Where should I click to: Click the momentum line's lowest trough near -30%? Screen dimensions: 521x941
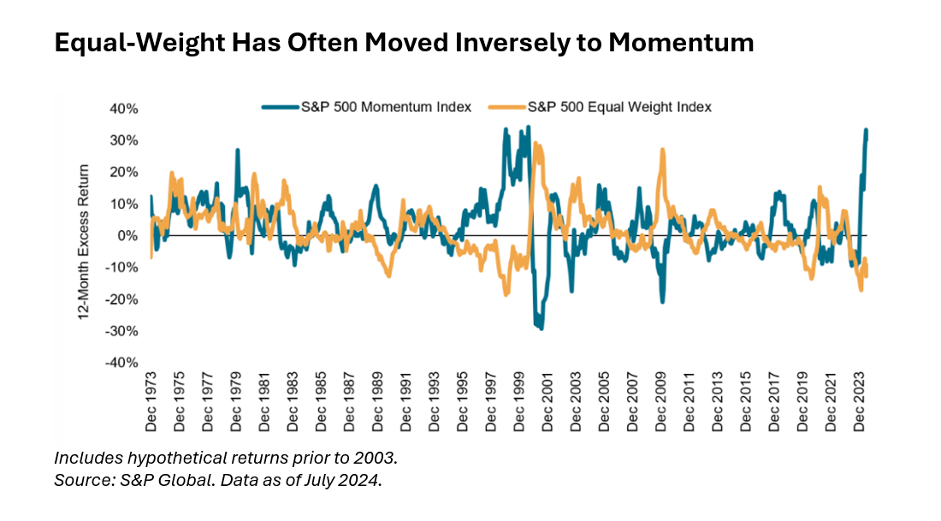pos(541,329)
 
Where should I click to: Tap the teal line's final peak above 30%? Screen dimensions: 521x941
pos(866,130)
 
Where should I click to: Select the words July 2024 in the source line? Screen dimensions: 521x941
pos(347,480)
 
